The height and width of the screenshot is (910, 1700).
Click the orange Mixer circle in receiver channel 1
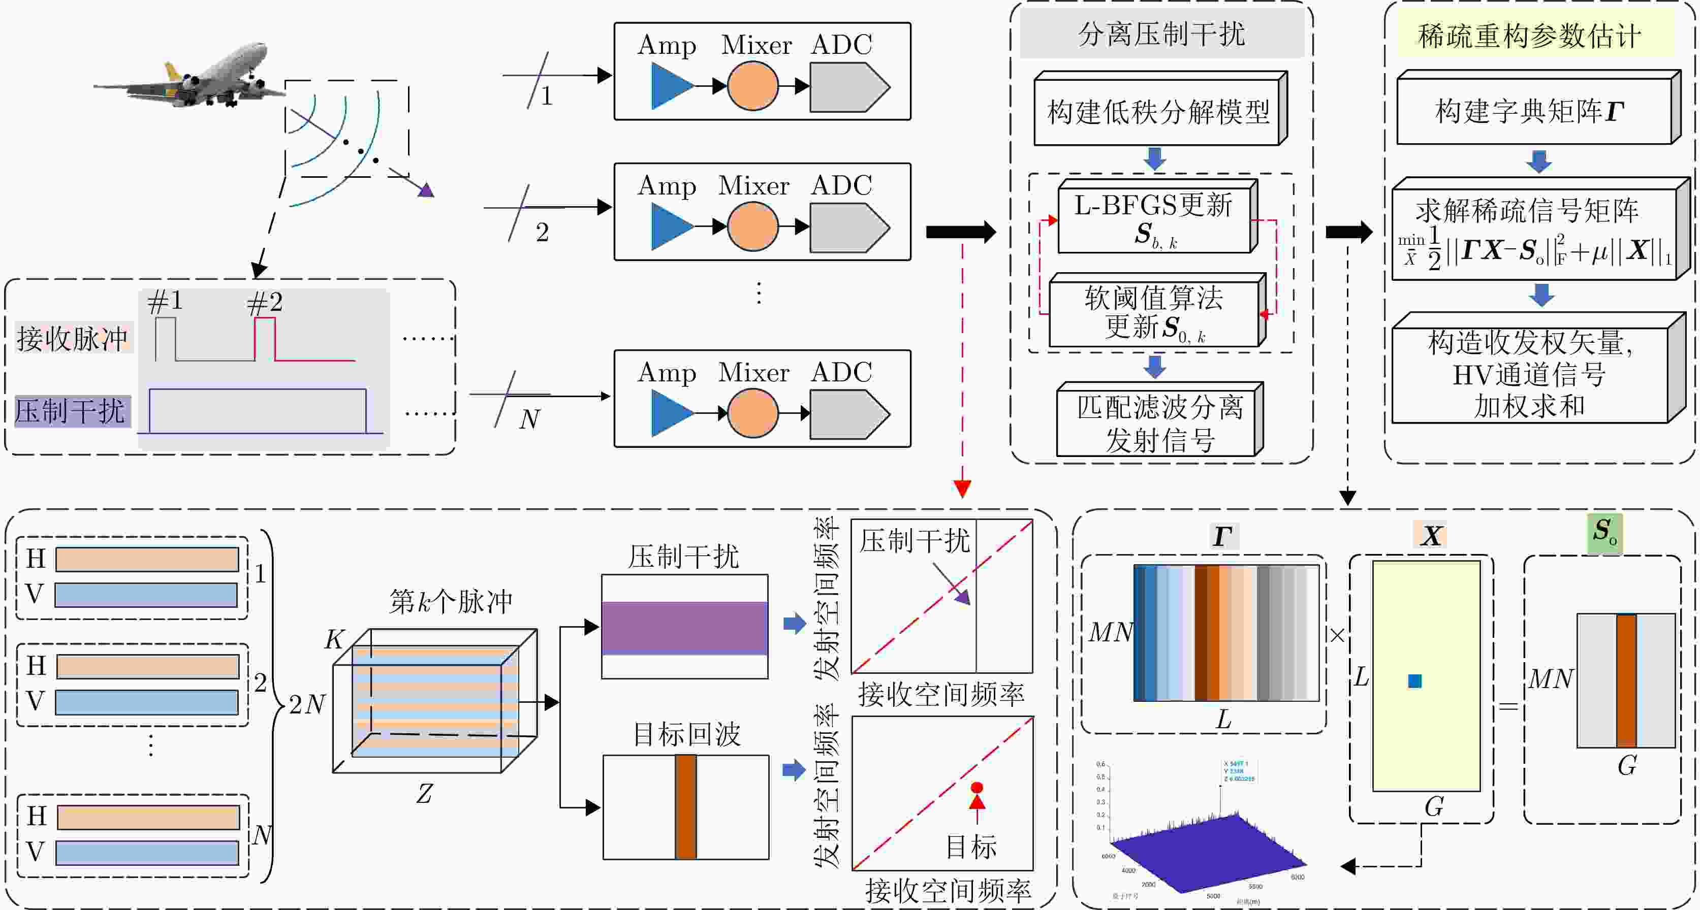tap(752, 86)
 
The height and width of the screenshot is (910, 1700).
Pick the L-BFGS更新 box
tap(1153, 218)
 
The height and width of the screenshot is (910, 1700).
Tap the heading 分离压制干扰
tap(1161, 34)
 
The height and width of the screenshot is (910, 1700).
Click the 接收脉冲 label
tap(73, 338)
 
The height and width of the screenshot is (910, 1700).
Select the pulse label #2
tap(265, 303)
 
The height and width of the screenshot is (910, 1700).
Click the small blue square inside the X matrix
tap(1414, 681)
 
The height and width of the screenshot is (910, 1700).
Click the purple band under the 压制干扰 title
tap(684, 628)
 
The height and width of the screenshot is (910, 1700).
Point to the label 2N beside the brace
tap(307, 704)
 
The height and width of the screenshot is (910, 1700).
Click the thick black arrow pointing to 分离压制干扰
tap(961, 232)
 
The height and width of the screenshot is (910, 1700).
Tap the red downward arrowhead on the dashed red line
tap(962, 489)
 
